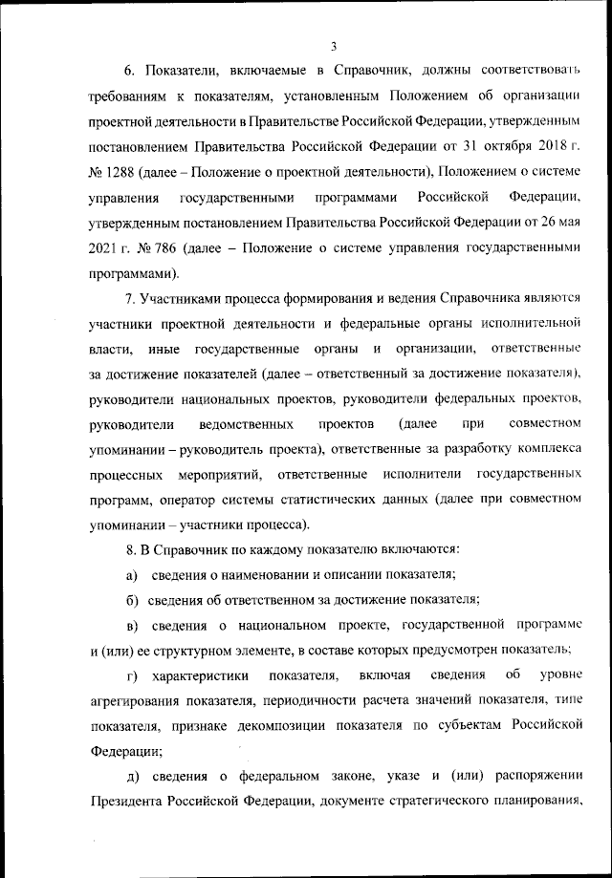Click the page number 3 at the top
[333, 45]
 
